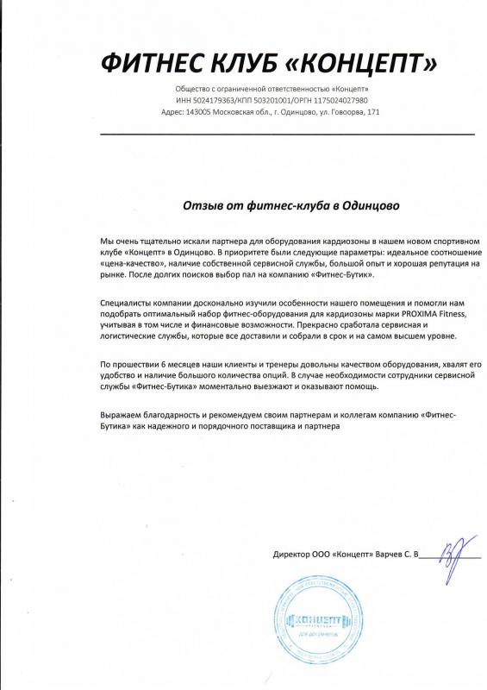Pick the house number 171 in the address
pos(372,112)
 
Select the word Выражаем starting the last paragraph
pos(123,416)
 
